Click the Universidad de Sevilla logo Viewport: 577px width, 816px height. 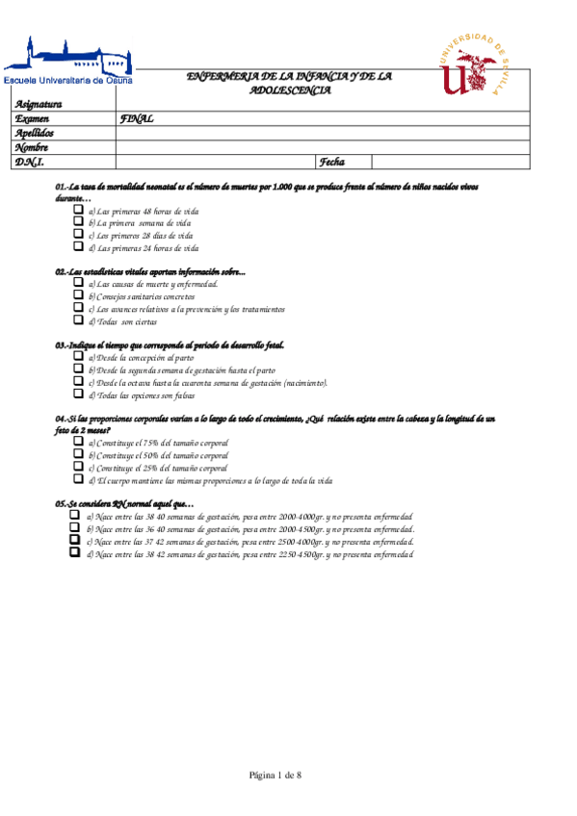pos(472,64)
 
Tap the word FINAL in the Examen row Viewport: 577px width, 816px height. pos(137,119)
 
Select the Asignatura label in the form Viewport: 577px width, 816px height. pos(39,105)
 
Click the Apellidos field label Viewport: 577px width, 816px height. pos(35,134)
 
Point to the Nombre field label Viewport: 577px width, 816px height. pos(32,148)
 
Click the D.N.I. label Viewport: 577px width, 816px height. pos(29,163)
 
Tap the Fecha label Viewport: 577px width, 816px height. pos(332,163)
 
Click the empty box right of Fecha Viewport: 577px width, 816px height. pos(450,163)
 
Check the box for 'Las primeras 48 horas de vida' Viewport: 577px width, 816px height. pos(79,209)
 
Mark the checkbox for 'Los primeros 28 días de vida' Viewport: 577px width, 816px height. pos(79,234)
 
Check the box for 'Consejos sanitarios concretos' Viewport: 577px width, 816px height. pos(79,295)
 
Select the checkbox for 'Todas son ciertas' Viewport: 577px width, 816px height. pos(79,320)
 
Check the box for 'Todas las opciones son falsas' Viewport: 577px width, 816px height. pos(79,394)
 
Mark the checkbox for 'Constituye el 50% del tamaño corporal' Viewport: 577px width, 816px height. pos(79,454)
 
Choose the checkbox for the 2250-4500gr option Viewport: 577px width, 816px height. pos(74,553)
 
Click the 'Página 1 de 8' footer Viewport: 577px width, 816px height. pos(275,775)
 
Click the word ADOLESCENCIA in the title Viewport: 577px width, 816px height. pos(289,90)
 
